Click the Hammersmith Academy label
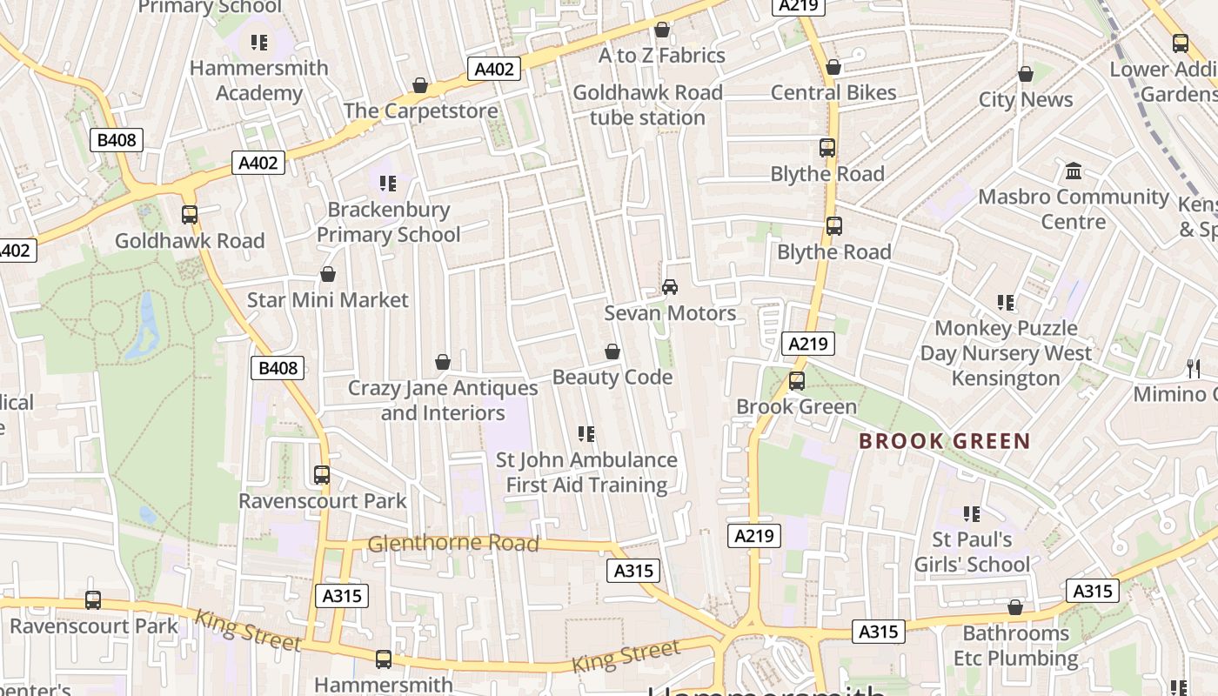259,80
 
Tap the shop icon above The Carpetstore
420,85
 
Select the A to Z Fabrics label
661,56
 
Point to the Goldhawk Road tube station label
647,105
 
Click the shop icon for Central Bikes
833,67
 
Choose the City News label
1026,100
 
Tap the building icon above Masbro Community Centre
1074,171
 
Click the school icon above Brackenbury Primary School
388,183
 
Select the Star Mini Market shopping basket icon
328,275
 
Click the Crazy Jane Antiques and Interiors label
443,400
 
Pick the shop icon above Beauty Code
612,351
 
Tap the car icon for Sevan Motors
670,286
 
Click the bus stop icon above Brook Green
797,380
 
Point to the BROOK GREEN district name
944,441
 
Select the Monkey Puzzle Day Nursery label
1006,353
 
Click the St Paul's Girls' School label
972,552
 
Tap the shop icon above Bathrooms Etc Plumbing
1015,607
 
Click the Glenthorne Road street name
453,544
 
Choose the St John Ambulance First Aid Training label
586,472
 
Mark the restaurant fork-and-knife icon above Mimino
1193,369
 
